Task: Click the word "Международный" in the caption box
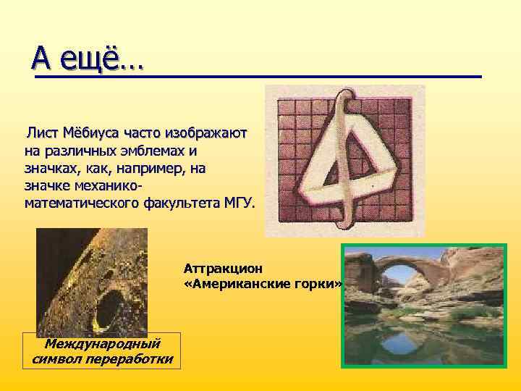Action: coord(102,343)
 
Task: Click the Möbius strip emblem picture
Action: coord(345,161)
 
